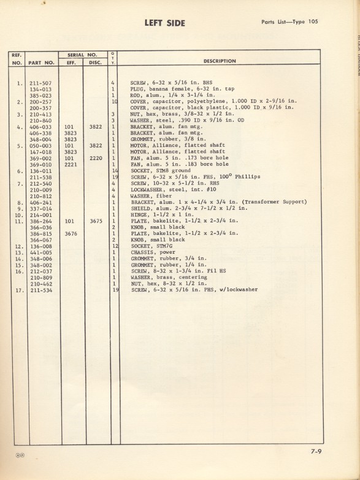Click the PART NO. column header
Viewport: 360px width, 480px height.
tap(42, 63)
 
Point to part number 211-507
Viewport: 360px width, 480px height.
tap(40, 83)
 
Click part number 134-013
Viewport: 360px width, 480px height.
tap(40, 89)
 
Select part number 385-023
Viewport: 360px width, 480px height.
tap(40, 96)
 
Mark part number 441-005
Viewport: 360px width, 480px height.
tap(40, 253)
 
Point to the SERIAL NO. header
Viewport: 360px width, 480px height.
tap(82, 54)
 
